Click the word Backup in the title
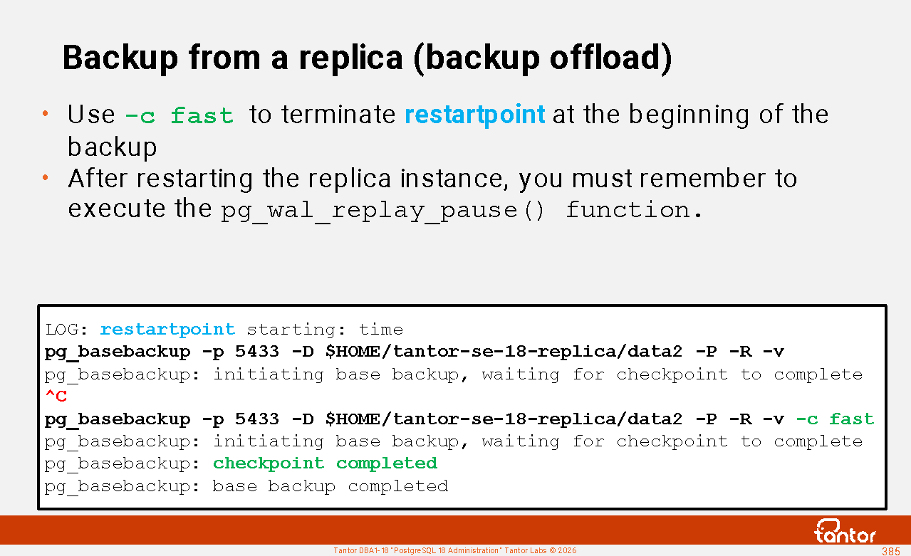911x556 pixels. click(x=120, y=58)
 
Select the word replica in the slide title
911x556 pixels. click(x=350, y=58)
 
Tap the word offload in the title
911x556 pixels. click(x=606, y=57)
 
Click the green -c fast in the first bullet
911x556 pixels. click(x=179, y=115)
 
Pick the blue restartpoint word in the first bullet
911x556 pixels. click(x=474, y=115)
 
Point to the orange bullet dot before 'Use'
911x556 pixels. click(x=45, y=113)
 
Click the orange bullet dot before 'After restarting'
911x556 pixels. click(x=45, y=177)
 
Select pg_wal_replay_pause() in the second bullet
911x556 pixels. click(x=382, y=211)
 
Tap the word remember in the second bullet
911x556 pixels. click(x=702, y=179)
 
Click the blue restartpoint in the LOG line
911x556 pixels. click(x=167, y=329)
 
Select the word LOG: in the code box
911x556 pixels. click(x=66, y=329)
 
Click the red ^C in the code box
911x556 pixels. click(x=56, y=395)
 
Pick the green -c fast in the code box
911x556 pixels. click(x=835, y=419)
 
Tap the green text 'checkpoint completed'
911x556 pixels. click(x=325, y=463)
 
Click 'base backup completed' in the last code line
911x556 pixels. click(x=330, y=486)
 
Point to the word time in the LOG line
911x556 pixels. click(x=380, y=329)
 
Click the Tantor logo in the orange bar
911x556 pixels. click(x=845, y=531)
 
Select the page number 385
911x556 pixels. click(x=890, y=551)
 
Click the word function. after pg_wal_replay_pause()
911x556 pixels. click(x=634, y=210)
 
